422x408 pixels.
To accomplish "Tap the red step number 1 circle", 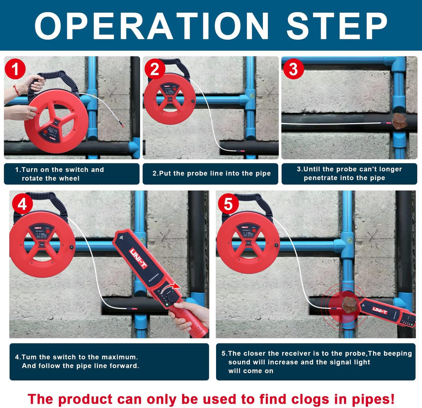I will tap(15, 69).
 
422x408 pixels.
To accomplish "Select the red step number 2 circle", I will tap(154, 69).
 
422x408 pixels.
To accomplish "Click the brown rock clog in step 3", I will tap(399, 121).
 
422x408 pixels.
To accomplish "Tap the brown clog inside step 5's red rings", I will tap(349, 304).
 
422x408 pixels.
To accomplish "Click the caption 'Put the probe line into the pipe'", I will tap(211, 173).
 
